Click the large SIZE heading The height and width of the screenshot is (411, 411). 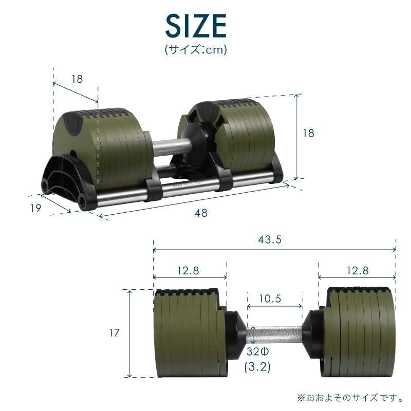pos(196,26)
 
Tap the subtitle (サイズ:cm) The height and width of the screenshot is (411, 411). pos(196,49)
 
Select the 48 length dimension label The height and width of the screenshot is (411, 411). pos(201,213)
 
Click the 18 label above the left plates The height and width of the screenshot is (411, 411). pos(77,79)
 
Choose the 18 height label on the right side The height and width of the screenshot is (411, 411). pos(308,133)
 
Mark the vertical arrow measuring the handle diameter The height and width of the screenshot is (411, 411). pos(253,334)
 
